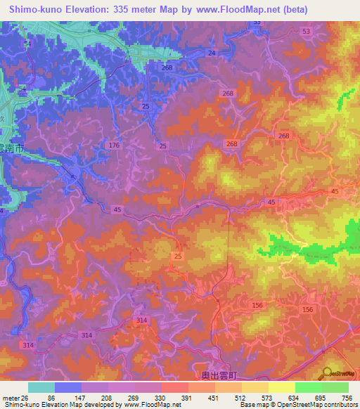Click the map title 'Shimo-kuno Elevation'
pyautogui.click(x=67, y=10)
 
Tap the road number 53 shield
pyautogui.click(x=305, y=32)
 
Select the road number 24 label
pyautogui.click(x=212, y=53)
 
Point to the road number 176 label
pyautogui.click(x=115, y=145)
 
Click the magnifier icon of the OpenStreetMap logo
pyautogui.click(x=327, y=372)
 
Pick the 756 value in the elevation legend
pyautogui.click(x=347, y=397)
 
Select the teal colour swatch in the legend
pyautogui.click(x=41, y=387)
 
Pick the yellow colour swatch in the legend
pyautogui.click(x=282, y=387)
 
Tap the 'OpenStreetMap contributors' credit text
pyautogui.click(x=319, y=405)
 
